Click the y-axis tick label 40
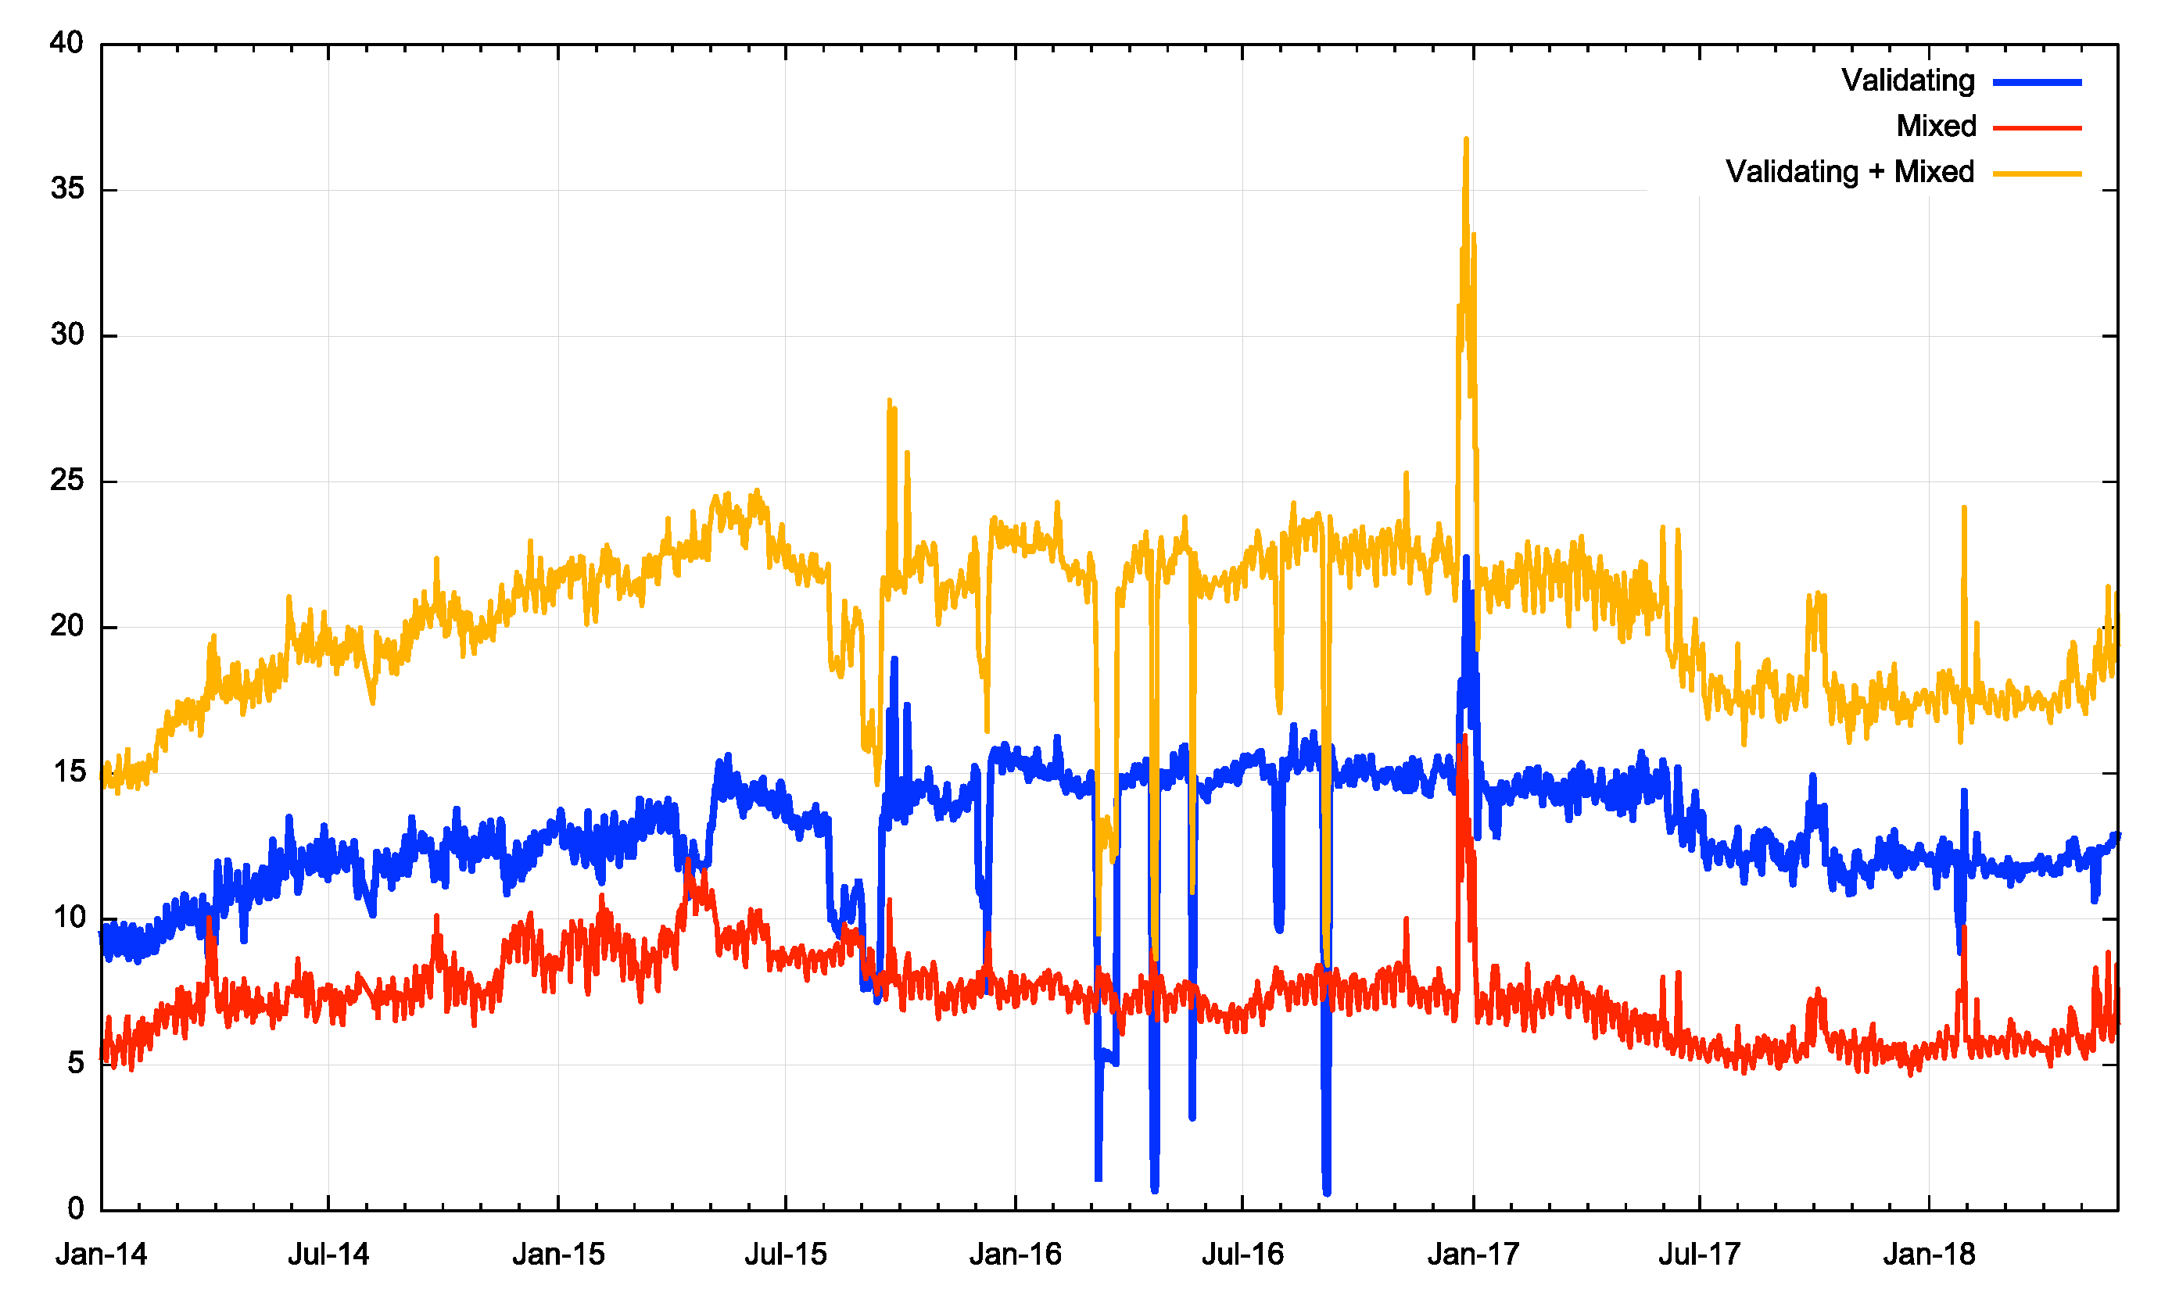[x=66, y=43]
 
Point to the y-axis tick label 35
[x=66, y=189]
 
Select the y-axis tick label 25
[x=66, y=480]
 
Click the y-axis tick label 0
[x=76, y=1209]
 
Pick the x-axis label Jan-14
[x=101, y=1255]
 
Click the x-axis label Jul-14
[x=328, y=1255]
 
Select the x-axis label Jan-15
[x=558, y=1255]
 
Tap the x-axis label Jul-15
[x=785, y=1255]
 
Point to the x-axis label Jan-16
[x=1016, y=1255]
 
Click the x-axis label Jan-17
[x=1473, y=1255]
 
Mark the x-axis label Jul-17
[x=1699, y=1255]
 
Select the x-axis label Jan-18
[x=1929, y=1255]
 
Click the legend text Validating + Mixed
[x=1850, y=172]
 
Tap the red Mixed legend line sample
[x=2037, y=128]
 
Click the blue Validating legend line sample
[x=2037, y=83]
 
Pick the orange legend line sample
[x=2037, y=174]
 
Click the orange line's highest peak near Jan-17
[x=1466, y=138]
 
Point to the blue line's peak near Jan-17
[x=1466, y=557]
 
